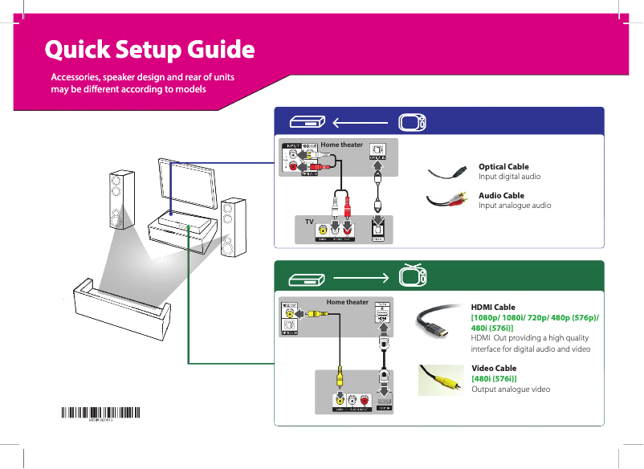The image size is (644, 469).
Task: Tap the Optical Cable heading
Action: pyautogui.click(x=503, y=166)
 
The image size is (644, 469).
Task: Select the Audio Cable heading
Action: pyautogui.click(x=501, y=195)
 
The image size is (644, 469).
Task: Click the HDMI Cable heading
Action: pyautogui.click(x=493, y=307)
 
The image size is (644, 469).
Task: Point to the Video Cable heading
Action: pyautogui.click(x=494, y=368)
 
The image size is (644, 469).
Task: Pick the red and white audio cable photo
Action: pyautogui.click(x=446, y=201)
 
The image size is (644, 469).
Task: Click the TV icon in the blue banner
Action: pyautogui.click(x=413, y=123)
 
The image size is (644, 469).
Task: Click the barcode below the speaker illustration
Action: pyautogui.click(x=101, y=414)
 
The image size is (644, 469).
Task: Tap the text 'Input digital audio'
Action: pyautogui.click(x=509, y=176)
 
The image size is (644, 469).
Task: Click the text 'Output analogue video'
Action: pyautogui.click(x=511, y=389)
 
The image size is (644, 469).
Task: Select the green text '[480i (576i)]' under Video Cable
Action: pyautogui.click(x=494, y=378)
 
